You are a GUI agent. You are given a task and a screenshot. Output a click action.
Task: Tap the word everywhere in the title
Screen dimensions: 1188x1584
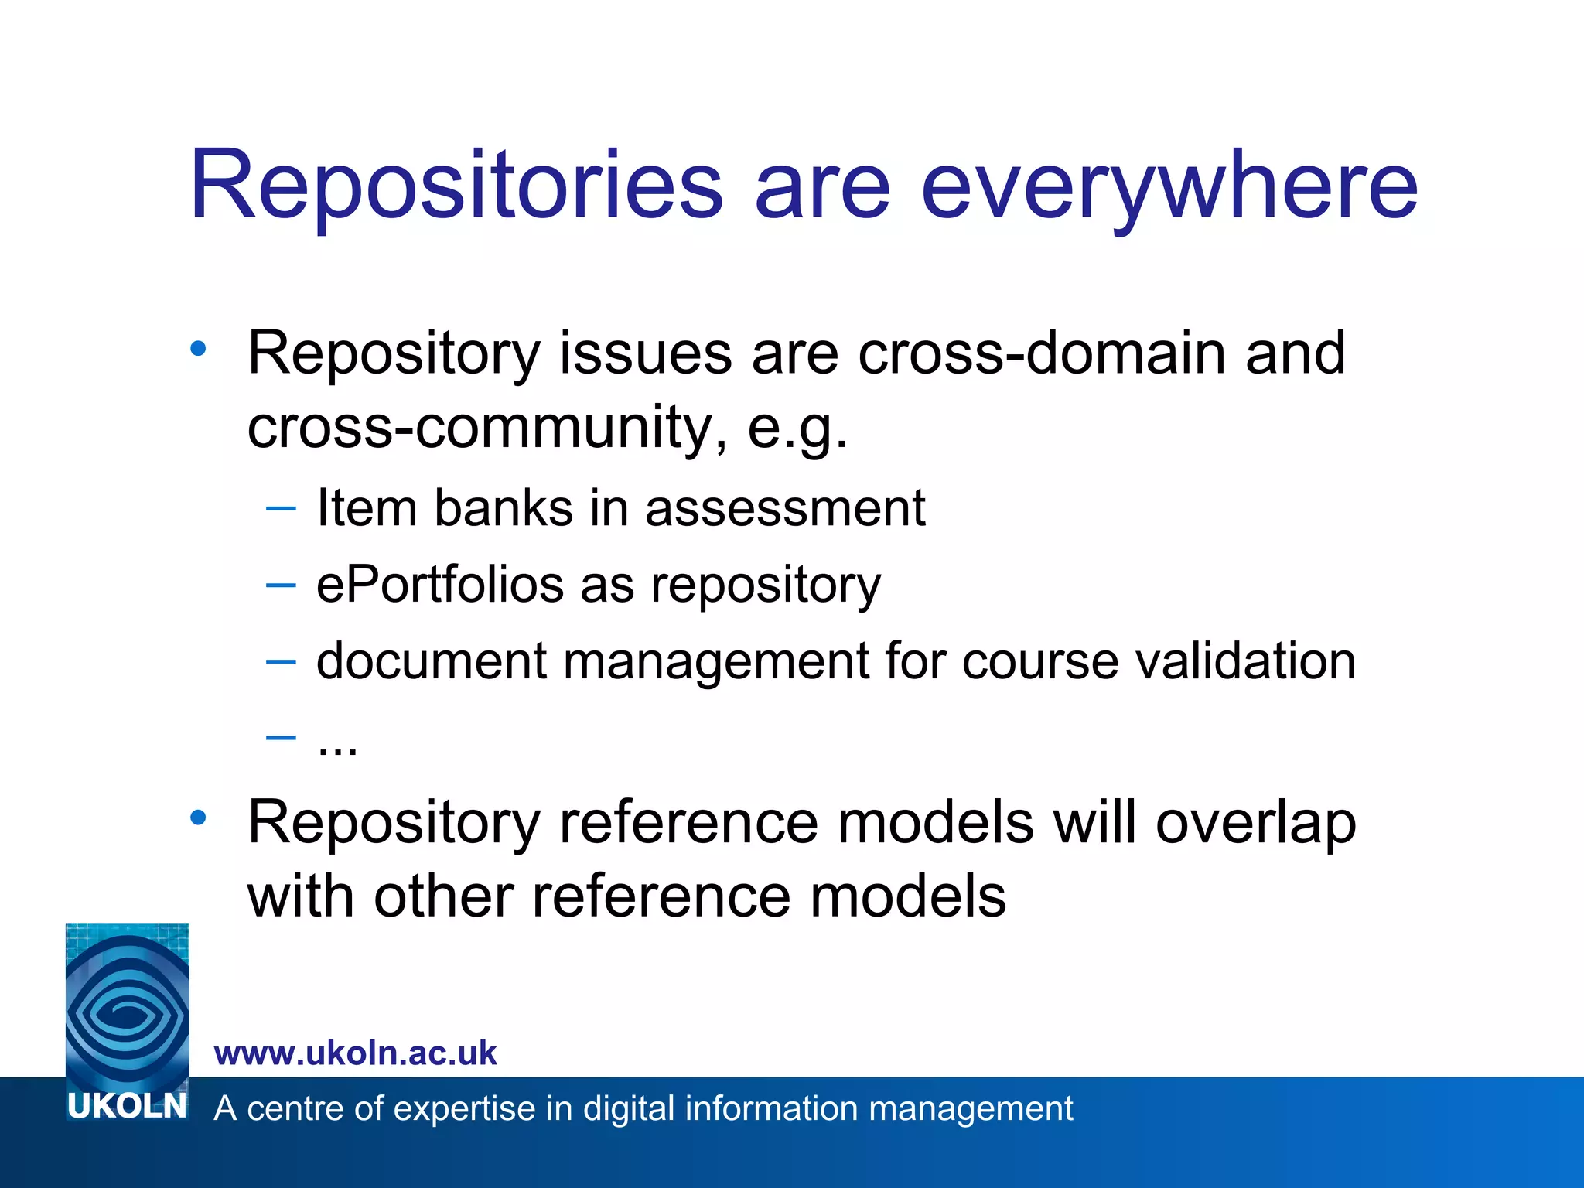(1169, 188)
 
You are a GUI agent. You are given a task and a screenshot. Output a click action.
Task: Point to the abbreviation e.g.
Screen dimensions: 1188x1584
(797, 428)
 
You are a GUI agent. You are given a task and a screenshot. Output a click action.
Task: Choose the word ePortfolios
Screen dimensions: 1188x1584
(440, 585)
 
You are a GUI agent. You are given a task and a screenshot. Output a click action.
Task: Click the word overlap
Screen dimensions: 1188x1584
(1255, 823)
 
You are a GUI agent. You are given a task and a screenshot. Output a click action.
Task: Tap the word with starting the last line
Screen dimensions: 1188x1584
(302, 897)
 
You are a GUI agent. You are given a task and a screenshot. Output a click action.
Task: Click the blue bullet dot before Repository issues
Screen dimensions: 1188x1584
(199, 349)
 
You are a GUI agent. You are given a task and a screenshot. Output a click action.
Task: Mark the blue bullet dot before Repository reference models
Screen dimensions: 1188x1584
(199, 818)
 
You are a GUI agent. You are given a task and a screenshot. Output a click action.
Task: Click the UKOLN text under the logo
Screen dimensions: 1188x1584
(127, 1107)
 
